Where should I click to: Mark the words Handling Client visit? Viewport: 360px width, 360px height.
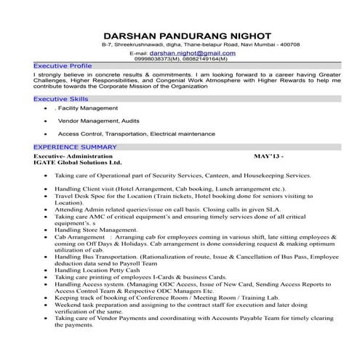tap(88, 188)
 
